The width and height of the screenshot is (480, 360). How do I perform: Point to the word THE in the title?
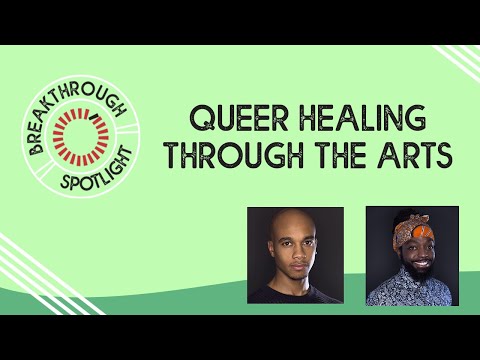[334, 157]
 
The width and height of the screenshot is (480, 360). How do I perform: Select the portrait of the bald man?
[295, 255]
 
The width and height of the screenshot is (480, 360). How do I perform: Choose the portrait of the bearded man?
[412, 255]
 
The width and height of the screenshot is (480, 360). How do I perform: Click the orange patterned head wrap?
[409, 222]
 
